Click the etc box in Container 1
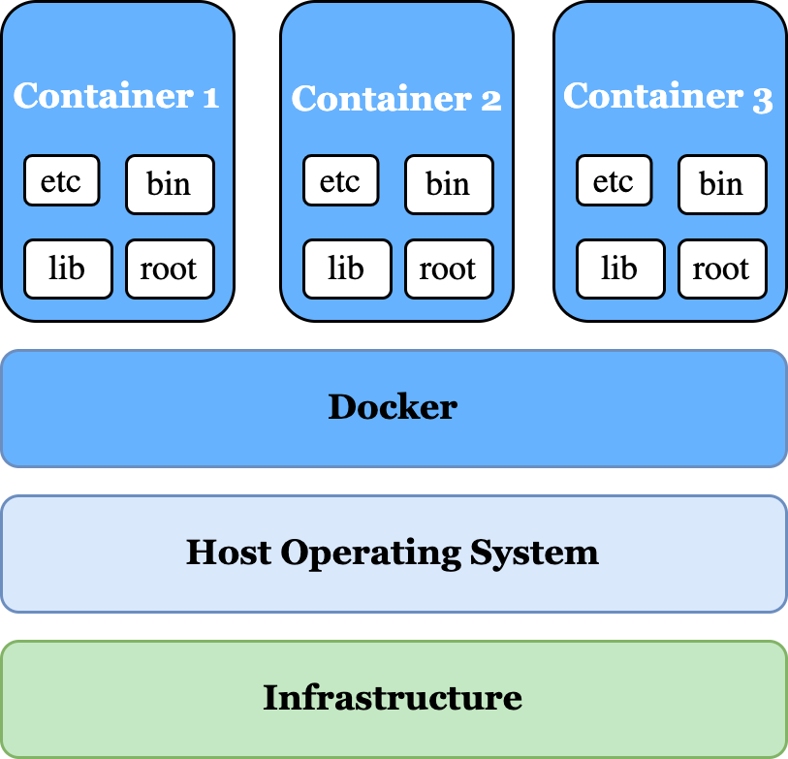point(61,181)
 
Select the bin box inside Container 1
point(170,184)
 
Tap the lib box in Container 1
point(67,269)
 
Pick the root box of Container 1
point(170,269)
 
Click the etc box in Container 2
point(340,181)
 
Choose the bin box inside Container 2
point(449,184)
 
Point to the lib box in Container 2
point(346,269)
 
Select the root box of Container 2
point(449,269)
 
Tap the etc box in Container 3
point(614,181)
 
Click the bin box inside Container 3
point(722,184)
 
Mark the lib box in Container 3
point(619,269)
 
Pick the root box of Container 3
point(722,269)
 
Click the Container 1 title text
point(116,96)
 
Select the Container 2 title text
point(396,98)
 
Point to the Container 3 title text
point(669,96)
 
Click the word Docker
point(393,407)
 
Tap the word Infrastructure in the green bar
point(393,697)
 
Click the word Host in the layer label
point(229,553)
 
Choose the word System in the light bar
point(534,553)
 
